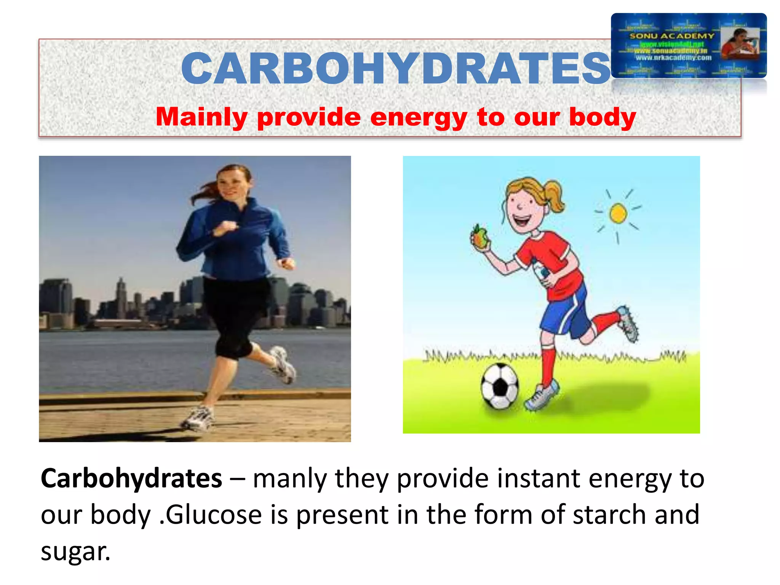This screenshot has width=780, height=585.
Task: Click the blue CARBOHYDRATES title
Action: point(396,69)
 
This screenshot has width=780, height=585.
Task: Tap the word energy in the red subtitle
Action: point(418,117)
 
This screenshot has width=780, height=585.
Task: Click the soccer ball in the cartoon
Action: point(500,386)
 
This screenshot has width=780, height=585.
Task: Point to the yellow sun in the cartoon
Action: point(618,213)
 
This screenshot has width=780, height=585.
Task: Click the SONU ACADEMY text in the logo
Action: point(672,36)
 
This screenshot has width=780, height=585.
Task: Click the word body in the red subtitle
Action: point(603,117)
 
